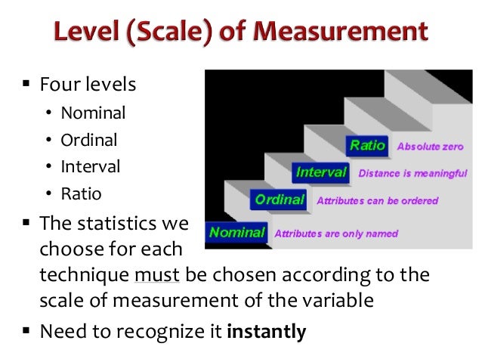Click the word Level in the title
(x=83, y=33)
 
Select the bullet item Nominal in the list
(x=93, y=114)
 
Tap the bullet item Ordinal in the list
(x=89, y=141)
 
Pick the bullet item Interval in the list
(x=91, y=166)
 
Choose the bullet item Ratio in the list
(x=81, y=193)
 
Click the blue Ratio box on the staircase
(x=367, y=145)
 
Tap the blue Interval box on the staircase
(x=321, y=172)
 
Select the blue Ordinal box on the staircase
(x=280, y=200)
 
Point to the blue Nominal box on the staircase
(x=237, y=232)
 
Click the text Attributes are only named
(x=335, y=234)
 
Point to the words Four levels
(x=88, y=84)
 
